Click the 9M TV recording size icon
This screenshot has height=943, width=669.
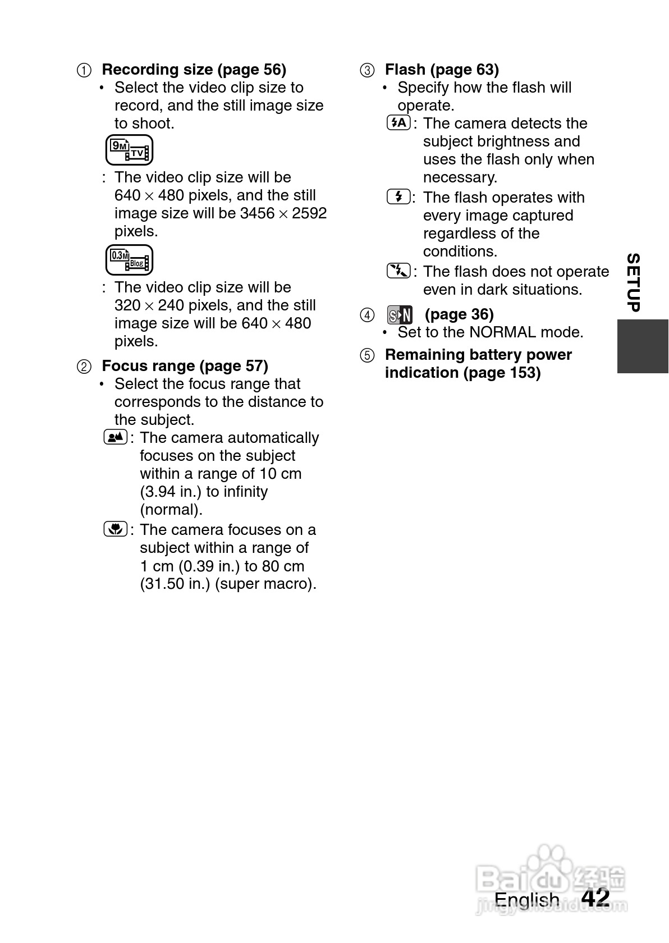point(129,150)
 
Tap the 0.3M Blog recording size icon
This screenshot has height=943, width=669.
point(129,260)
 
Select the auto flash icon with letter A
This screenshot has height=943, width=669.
point(398,123)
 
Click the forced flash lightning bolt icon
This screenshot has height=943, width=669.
point(398,197)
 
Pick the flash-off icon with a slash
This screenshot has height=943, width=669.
point(398,271)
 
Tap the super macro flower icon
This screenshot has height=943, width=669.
point(116,529)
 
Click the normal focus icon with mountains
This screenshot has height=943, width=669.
point(116,437)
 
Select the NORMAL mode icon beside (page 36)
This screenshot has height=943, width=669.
point(400,315)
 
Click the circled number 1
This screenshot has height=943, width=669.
point(84,71)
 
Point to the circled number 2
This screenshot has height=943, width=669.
point(84,367)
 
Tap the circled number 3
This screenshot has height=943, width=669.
point(366,71)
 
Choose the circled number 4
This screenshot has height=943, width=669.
point(366,315)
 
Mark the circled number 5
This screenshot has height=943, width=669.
point(366,356)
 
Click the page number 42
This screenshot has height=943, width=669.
point(595,897)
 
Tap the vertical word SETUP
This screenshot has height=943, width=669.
point(633,282)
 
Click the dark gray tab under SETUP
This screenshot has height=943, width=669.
point(643,346)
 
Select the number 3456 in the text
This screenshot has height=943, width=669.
point(257,213)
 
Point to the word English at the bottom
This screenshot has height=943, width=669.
point(526,899)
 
